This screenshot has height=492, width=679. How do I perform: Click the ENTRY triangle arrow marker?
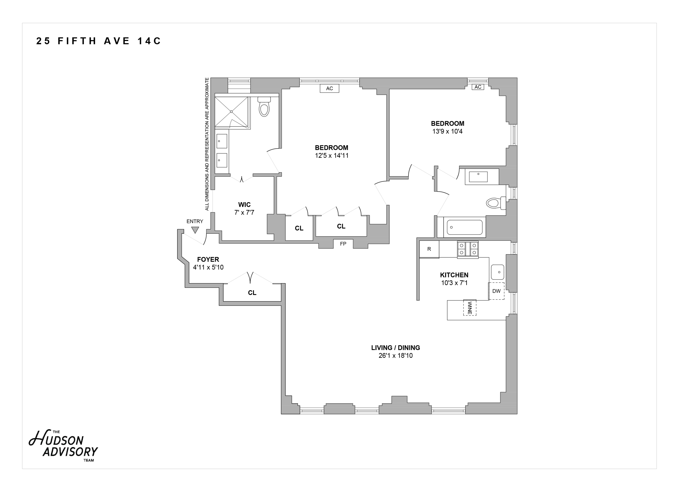coord(195,230)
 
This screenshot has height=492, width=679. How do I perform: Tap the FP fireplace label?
coord(343,244)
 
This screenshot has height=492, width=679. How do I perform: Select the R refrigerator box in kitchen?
coord(429,249)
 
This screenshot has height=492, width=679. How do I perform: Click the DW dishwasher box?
coord(496,291)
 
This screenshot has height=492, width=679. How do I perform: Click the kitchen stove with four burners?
coord(468,249)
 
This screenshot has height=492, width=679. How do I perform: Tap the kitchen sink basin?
coord(498,272)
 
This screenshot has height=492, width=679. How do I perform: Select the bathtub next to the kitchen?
coord(465,227)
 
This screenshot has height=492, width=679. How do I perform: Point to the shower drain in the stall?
coord(231,112)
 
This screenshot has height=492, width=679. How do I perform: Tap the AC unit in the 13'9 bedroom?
coord(478,87)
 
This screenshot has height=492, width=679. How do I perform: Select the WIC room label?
coord(244,205)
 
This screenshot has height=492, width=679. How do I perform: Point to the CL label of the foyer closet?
coord(252,293)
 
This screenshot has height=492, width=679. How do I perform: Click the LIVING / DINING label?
coord(395,348)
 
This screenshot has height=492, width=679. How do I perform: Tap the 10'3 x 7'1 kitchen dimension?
coord(454,282)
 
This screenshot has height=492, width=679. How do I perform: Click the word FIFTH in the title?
coord(77,41)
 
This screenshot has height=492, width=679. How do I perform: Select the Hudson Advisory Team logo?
coord(63,446)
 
